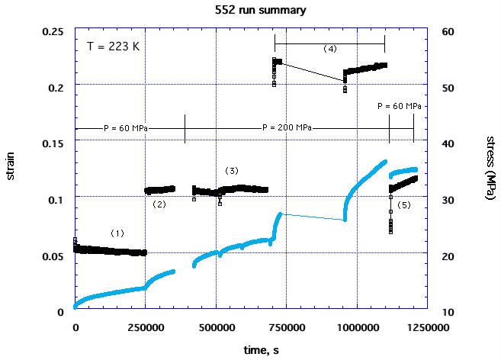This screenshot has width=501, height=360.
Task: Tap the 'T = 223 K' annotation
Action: point(113,46)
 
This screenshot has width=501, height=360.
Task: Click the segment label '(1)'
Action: point(117,232)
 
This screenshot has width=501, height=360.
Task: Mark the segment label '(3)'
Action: point(232,169)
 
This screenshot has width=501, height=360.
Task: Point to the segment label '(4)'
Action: point(329,49)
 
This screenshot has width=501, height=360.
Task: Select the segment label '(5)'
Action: point(403,204)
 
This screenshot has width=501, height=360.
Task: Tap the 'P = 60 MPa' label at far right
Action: point(400,105)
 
